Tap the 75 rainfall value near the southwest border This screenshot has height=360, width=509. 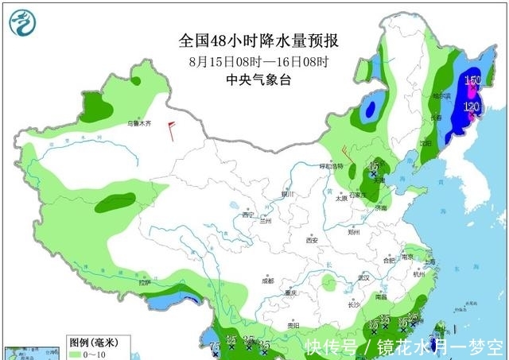tap(214, 346)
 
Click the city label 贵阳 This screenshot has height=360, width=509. tap(292, 325)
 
